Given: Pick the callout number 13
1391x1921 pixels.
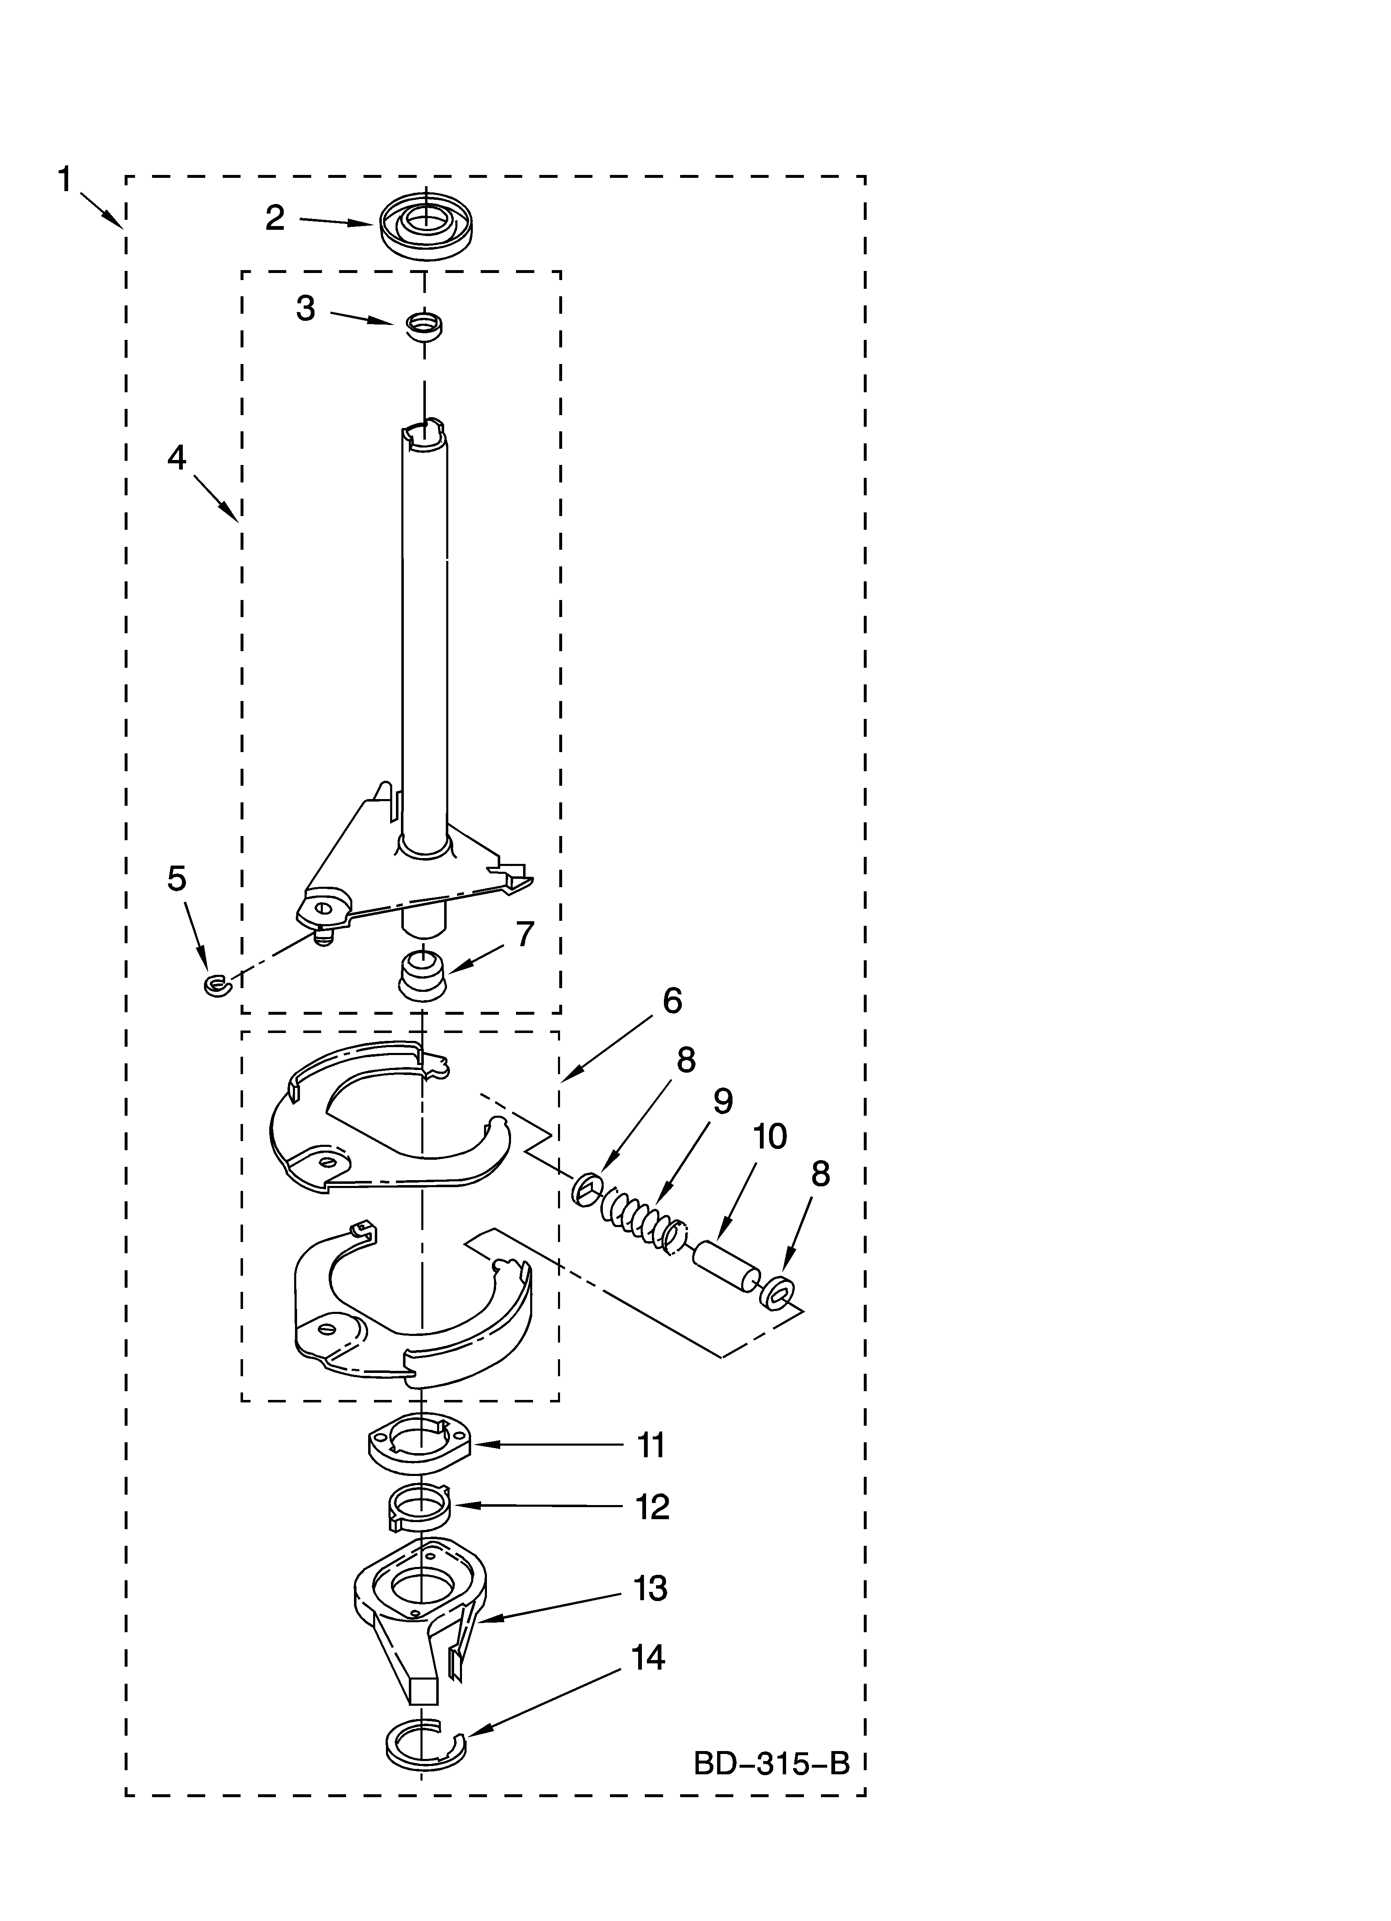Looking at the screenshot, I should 650,1588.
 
